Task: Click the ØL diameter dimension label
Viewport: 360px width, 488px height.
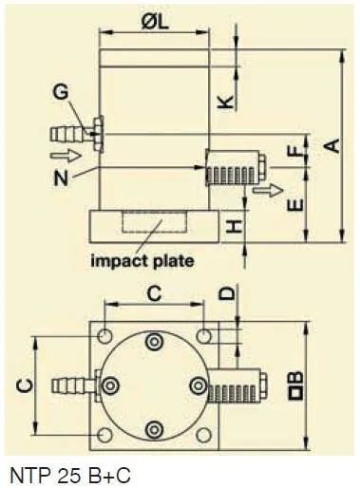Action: click(155, 24)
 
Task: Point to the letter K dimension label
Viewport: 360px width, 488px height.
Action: click(225, 102)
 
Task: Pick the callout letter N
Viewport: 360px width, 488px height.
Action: click(62, 176)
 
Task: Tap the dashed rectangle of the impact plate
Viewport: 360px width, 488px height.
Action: click(152, 228)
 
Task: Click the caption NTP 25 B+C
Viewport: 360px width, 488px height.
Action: click(66, 472)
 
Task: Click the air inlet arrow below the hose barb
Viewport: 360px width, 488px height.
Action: click(61, 153)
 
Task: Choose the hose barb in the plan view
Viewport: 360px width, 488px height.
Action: click(71, 385)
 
